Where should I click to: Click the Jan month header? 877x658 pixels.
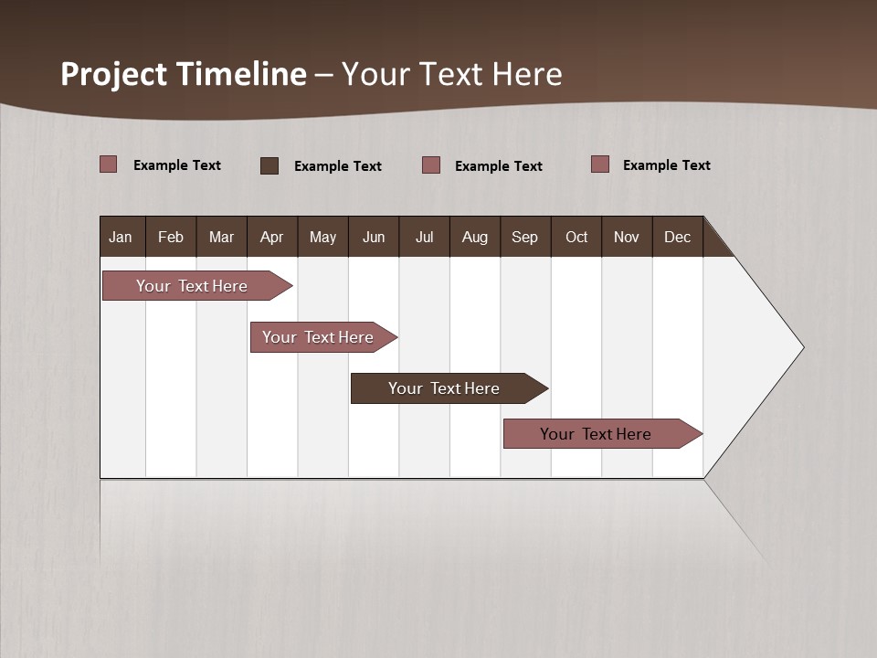pos(121,237)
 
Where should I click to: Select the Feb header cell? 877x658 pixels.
pos(171,237)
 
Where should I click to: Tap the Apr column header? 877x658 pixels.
pos(271,237)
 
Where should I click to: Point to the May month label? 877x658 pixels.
pos(322,237)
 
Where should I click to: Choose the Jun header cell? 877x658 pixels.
pos(374,237)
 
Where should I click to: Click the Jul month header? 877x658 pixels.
pos(424,237)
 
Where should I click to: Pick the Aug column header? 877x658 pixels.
pos(475,237)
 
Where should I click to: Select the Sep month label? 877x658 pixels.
pos(524,237)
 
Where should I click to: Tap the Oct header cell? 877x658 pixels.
pos(576,237)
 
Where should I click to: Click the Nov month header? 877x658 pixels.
pos(627,237)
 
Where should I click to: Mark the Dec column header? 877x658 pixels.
pos(677,237)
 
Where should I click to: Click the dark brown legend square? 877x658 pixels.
pos(269,165)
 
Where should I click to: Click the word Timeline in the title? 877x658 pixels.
pos(241,74)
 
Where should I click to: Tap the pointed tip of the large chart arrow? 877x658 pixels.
pos(800,347)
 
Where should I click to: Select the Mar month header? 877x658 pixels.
pos(221,237)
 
